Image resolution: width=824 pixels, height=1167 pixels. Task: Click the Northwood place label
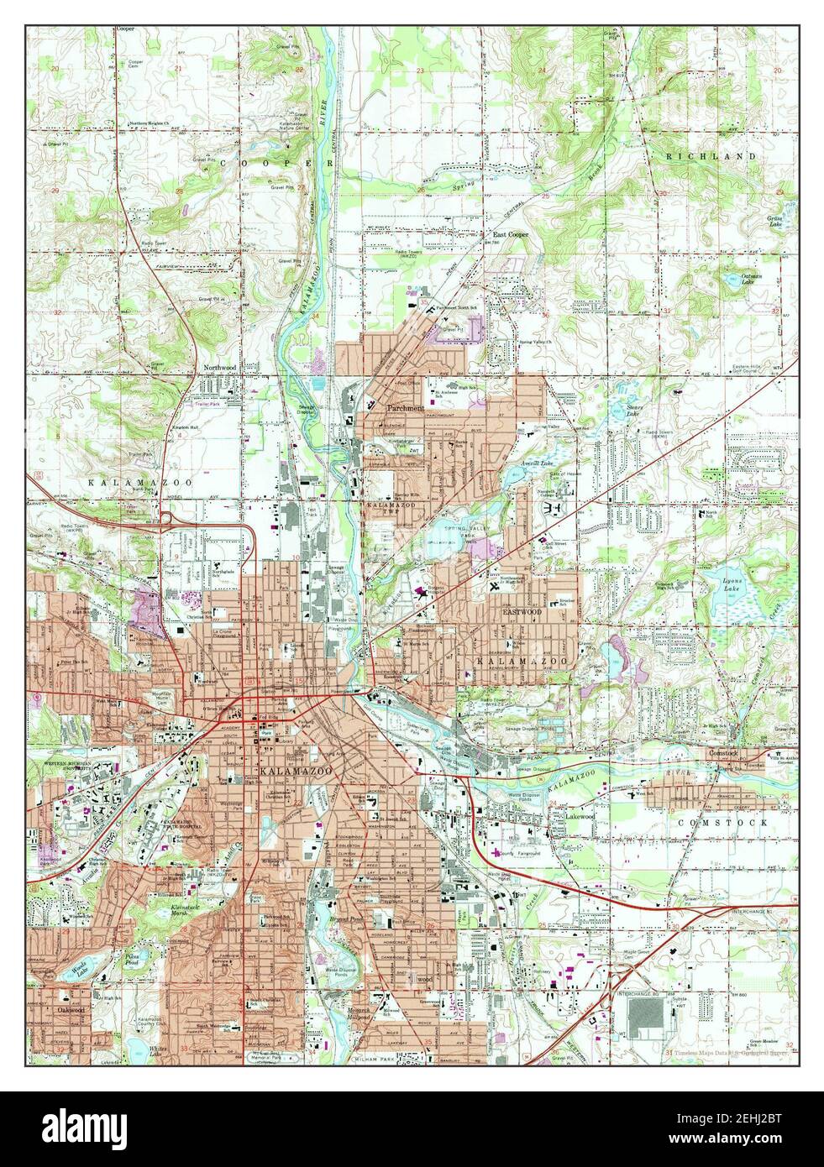coord(221,368)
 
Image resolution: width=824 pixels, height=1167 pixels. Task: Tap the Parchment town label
coord(406,408)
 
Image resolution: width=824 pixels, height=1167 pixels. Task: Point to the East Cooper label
coord(510,235)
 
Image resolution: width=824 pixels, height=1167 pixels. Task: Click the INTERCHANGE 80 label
coord(649,993)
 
